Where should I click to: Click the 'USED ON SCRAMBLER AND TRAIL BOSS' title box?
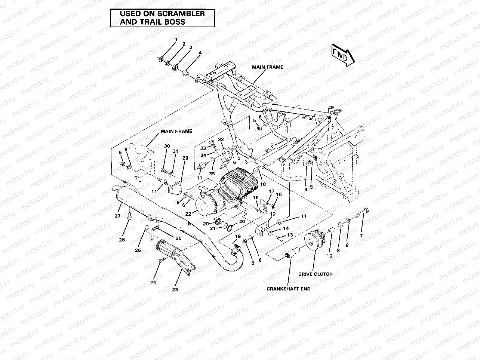coord(162,18)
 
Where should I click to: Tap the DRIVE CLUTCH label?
coord(315,274)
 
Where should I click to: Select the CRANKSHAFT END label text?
coord(288,289)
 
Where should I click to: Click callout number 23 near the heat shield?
coord(175,289)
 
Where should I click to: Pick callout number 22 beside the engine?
coord(188,213)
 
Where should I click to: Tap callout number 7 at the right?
coord(361,236)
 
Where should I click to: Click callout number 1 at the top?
coord(176,40)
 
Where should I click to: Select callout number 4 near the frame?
coord(200,53)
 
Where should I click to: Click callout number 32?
coord(221,139)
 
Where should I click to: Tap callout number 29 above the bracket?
coord(185,158)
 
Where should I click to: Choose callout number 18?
coord(263,184)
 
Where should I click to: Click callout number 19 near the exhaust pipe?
coord(238,236)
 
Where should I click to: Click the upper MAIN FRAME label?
coord(267,67)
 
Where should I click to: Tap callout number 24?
coord(153,283)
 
